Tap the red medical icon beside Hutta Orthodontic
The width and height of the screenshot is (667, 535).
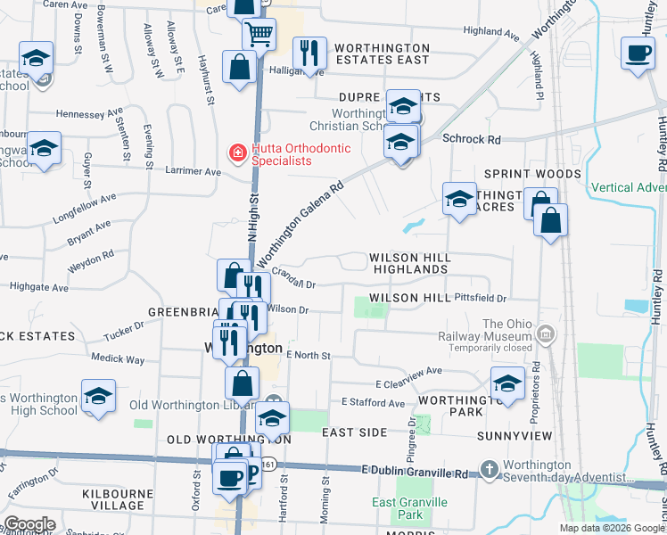tap(237, 153)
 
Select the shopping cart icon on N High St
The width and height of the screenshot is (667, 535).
tap(259, 35)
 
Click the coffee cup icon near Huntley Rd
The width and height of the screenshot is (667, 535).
tap(638, 52)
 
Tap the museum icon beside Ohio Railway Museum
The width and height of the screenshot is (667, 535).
tap(546, 335)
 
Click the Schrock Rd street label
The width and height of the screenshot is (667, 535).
tap(473, 140)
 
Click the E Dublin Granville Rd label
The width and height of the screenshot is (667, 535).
tap(415, 469)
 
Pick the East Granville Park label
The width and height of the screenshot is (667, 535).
tap(398, 508)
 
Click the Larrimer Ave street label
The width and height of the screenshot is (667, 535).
tap(194, 171)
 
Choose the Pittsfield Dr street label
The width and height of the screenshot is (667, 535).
tap(480, 297)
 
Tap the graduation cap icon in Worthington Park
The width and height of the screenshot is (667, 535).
tap(507, 383)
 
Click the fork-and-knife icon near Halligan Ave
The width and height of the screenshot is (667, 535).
tap(309, 53)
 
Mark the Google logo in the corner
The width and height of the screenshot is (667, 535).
tap(29, 524)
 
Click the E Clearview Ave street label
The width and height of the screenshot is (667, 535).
tap(408, 371)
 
